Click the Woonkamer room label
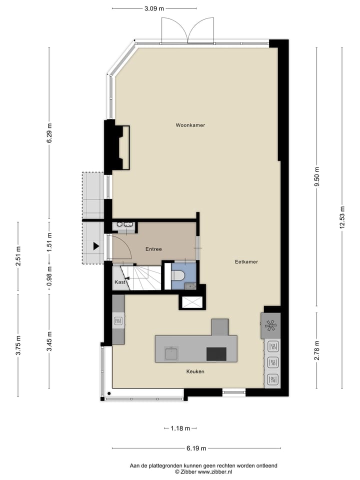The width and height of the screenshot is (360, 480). click(190, 125)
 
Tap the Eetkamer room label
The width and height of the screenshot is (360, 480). click(246, 261)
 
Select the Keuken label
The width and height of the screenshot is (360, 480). click(195, 371)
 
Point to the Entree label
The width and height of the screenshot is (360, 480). click(153, 249)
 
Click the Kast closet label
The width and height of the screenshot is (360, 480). click(119, 282)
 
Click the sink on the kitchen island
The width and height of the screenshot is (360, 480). click(172, 353)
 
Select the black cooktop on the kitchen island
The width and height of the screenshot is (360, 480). click(216, 353)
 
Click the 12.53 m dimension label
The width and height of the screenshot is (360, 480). click(342, 217)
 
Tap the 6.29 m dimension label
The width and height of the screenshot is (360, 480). click(49, 133)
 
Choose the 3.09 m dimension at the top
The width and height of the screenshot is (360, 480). click(154, 8)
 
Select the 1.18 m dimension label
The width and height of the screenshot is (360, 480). click(180, 428)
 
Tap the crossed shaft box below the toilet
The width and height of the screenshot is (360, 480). click(192, 302)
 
